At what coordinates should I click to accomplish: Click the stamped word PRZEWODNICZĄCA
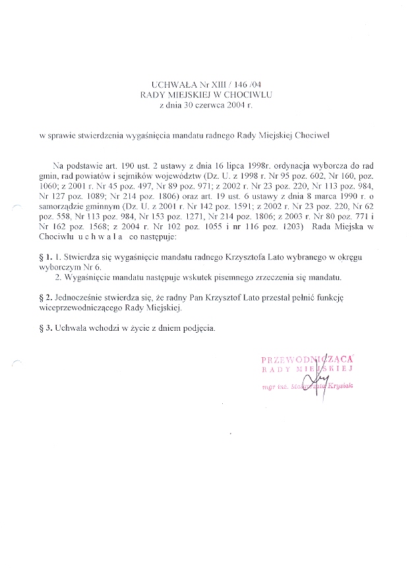(x=308, y=359)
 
